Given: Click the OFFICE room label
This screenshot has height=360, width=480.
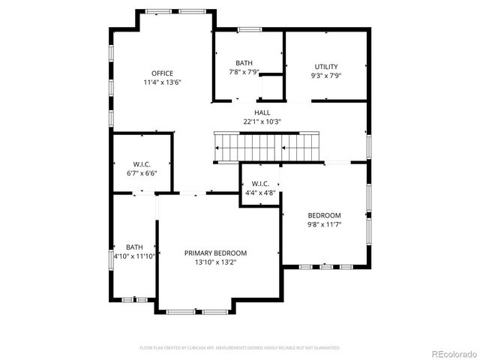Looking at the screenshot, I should click(162, 73).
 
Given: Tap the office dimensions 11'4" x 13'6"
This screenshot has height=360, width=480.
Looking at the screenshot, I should click(162, 82).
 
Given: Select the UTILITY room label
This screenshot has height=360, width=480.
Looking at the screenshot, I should click(326, 67).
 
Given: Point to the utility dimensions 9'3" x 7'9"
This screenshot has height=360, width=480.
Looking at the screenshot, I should click(326, 76).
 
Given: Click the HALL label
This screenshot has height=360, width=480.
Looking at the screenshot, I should click(262, 112).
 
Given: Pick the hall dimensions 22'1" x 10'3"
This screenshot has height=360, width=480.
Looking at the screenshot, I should click(262, 121).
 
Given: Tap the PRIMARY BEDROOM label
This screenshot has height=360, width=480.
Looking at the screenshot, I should click(215, 253).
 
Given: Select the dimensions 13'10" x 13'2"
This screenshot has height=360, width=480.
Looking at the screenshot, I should click(215, 262).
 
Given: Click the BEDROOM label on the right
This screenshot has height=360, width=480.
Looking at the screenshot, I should click(323, 215).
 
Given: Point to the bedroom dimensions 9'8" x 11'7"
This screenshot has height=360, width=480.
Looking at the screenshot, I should click(323, 224).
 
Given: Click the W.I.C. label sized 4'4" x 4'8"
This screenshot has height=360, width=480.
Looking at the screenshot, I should click(260, 184).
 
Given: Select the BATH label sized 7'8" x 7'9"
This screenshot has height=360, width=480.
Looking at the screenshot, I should click(244, 63).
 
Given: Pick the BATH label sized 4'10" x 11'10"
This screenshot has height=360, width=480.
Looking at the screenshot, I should click(134, 247).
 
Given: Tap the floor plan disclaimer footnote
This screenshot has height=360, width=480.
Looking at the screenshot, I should click(240, 348).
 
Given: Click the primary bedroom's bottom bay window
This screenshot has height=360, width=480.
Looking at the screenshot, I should click(197, 311).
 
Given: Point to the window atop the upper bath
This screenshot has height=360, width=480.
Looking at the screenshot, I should click(249, 30).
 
